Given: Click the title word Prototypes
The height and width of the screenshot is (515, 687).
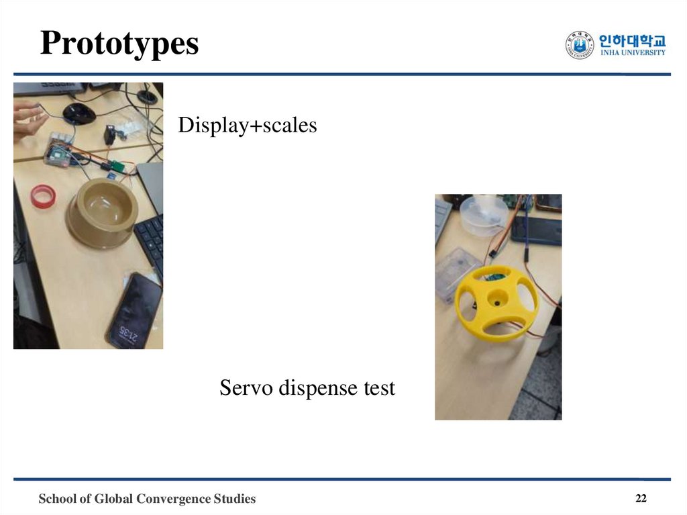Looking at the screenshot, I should click(119, 44).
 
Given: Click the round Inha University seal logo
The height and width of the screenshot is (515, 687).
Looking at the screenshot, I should click(580, 46).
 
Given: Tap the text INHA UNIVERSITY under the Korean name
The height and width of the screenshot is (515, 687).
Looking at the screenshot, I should click(633, 53).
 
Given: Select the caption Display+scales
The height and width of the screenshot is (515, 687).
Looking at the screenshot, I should click(247, 125).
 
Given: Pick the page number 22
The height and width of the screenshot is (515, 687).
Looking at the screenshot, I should click(641, 498).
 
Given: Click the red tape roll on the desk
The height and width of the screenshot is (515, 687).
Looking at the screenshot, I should click(42, 195).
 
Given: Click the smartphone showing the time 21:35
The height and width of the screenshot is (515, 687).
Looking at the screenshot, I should click(134, 312).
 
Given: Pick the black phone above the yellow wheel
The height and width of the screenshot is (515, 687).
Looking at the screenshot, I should click(537, 230).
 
